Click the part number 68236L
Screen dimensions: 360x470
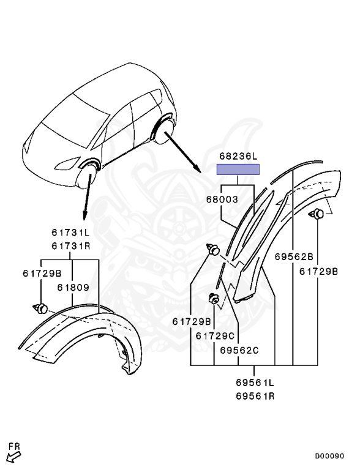click(238, 156)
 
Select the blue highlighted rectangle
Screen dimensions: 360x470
click(238, 170)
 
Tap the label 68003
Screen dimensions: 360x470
click(222, 200)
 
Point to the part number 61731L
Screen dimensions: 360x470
click(70, 233)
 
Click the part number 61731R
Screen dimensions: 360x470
click(70, 246)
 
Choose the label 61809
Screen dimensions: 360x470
click(73, 288)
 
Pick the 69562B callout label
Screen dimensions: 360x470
click(294, 257)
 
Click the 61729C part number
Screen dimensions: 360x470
click(215, 336)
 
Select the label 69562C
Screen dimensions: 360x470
click(239, 350)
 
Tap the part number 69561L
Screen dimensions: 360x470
click(255, 382)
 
